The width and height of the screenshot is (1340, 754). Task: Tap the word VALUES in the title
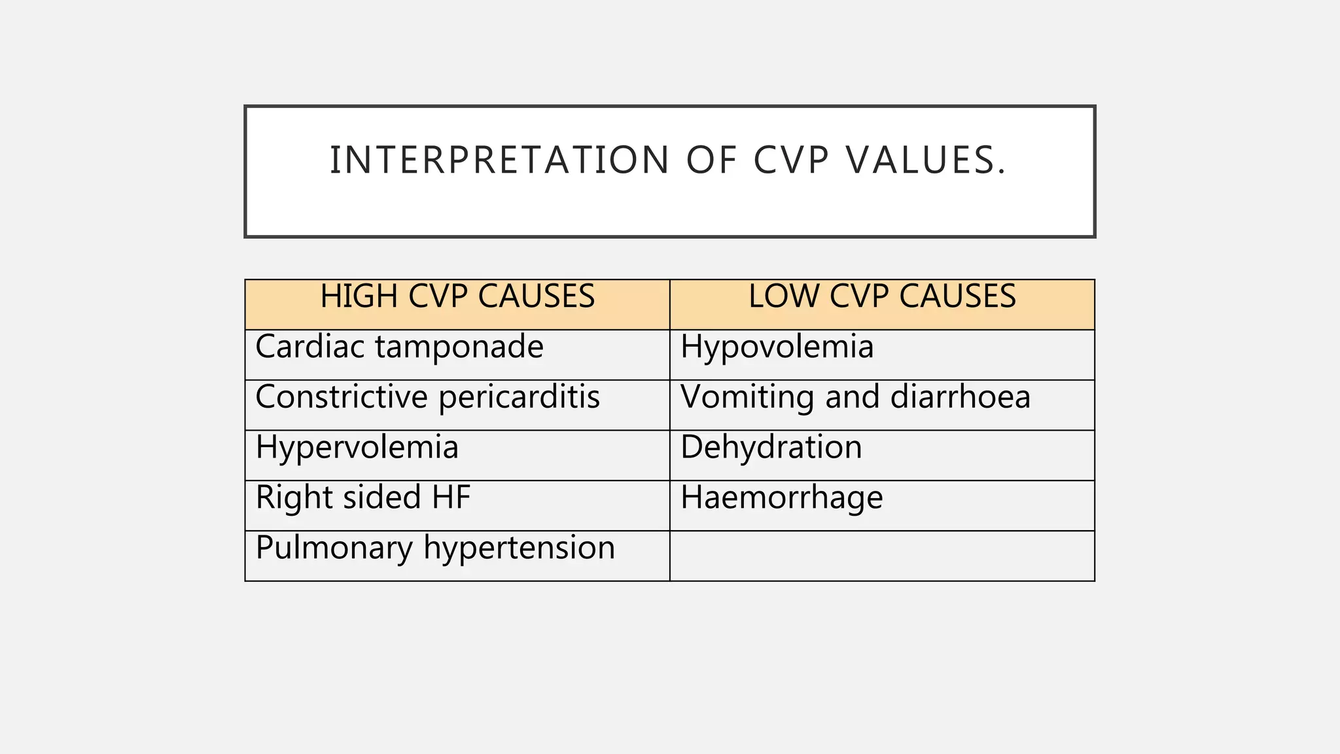[x=925, y=160]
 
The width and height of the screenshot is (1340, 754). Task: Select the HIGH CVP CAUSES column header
[x=457, y=296]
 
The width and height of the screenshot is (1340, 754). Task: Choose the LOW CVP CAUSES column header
[x=882, y=296]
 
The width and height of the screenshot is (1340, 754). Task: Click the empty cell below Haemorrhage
[x=882, y=556]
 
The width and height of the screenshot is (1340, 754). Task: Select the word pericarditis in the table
[x=519, y=397]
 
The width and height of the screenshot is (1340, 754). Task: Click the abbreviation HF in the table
[x=451, y=497]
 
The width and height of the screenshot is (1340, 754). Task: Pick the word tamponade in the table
[x=459, y=347]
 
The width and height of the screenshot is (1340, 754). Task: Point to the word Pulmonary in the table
[x=334, y=548]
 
